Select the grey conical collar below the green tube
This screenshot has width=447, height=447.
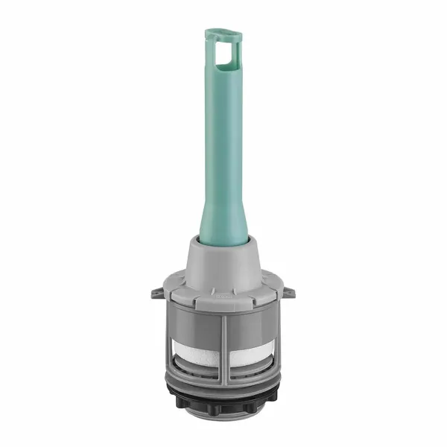(x=223, y=264)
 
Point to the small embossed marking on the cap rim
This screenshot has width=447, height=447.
(x=223, y=296)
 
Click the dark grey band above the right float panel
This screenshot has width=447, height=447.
(x=252, y=322)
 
